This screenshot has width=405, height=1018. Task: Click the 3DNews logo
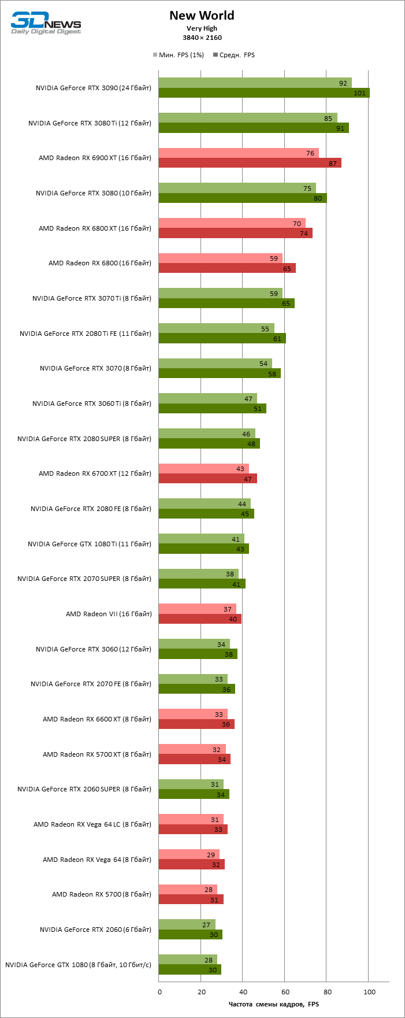click(x=46, y=23)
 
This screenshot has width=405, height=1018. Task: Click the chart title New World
click(x=202, y=16)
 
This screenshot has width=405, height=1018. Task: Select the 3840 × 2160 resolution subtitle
click(x=202, y=38)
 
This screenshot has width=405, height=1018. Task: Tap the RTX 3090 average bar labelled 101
click(x=263, y=93)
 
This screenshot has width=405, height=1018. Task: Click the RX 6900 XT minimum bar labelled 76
click(x=238, y=153)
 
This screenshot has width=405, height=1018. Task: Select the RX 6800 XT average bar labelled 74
click(x=235, y=233)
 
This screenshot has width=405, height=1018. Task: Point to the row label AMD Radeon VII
click(x=109, y=614)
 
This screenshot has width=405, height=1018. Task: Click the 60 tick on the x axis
click(x=284, y=992)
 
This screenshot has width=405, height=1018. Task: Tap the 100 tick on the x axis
click(x=369, y=992)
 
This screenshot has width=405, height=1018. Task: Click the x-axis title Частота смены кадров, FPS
click(x=273, y=1004)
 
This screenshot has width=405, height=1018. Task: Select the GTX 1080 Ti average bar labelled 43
click(x=203, y=549)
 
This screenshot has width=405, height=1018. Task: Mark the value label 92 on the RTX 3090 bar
click(x=343, y=83)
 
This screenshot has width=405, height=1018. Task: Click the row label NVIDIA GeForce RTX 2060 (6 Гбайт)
click(x=95, y=930)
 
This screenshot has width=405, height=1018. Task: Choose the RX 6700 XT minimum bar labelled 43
click(x=203, y=469)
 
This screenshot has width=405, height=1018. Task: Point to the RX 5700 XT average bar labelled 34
click(x=194, y=759)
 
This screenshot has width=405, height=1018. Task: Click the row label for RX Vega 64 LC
click(x=92, y=824)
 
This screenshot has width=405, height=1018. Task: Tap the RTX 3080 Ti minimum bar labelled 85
click(x=247, y=118)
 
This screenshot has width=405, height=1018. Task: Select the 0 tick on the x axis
click(x=160, y=992)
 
